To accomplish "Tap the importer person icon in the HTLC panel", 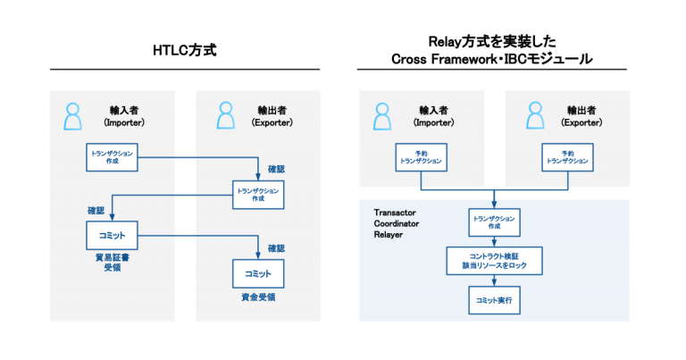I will pos(73,116).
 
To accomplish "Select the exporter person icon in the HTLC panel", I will pos(227,116).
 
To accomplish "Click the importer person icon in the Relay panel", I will pos(383,116).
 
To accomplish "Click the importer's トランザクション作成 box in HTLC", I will pos(113,157).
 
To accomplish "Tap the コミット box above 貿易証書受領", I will pos(113,235).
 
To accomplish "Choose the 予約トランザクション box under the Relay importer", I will pos(420,157).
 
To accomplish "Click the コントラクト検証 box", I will pos(494,260).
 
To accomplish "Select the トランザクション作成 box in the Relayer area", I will pos(494,222).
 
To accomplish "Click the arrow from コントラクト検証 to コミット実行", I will pos(494,280).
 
